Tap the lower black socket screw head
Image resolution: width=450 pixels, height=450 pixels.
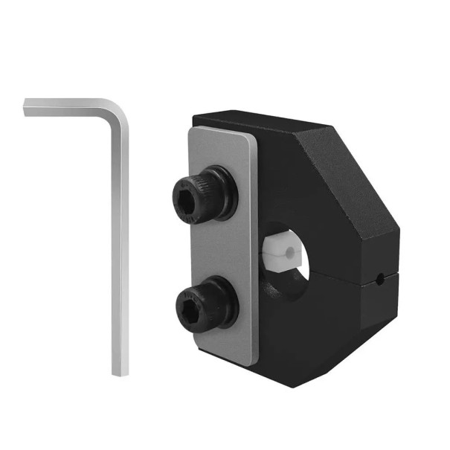(x=202, y=304)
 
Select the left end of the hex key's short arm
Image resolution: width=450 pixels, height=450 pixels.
(x=28, y=106)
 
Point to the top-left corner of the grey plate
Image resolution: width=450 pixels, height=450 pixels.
(x=191, y=131)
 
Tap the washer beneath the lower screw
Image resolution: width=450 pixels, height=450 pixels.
(x=228, y=305)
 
